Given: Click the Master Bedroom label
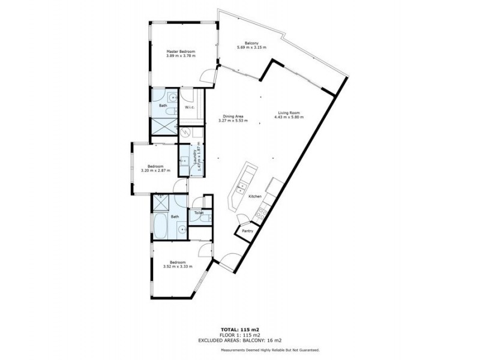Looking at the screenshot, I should pos(181,52).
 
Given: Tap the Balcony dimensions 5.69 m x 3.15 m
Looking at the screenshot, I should pos(251,47).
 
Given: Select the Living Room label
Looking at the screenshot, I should pos(289,112).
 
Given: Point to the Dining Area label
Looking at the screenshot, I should pos(233,116).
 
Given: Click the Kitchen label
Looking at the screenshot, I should pos(255,196).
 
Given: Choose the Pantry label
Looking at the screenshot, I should pos(247,230).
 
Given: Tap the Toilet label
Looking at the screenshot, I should pos(199,213).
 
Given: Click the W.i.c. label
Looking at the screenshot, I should pos(189,108).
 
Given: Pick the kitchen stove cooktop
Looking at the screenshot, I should pos(262,212).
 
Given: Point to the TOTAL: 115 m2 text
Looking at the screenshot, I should pos(239,330).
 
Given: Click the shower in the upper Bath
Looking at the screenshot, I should pos(163,127).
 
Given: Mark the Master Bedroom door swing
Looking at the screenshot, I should pos(206,76).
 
